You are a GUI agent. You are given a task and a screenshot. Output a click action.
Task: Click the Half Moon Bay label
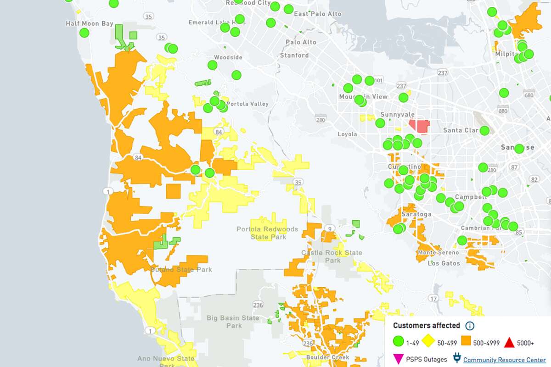(x=89, y=23)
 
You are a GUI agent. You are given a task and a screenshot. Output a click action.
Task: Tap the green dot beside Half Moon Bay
(x=84, y=33)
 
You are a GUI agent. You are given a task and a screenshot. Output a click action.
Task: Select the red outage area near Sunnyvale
(x=419, y=126)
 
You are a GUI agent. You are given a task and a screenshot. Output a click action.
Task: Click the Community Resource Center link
(x=504, y=360)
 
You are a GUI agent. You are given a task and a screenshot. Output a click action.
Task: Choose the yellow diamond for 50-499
(x=428, y=342)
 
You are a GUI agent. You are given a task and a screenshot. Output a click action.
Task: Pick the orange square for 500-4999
(x=466, y=342)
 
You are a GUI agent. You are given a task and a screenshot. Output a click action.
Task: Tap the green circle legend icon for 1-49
(x=399, y=342)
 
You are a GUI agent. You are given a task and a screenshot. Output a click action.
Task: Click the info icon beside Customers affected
(x=470, y=326)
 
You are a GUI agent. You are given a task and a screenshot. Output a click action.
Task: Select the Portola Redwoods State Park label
(x=267, y=233)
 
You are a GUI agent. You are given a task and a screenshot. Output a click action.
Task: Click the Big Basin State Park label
(x=233, y=322)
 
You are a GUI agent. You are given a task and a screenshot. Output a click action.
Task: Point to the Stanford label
(x=294, y=56)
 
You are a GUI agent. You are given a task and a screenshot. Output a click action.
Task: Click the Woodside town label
(x=228, y=57)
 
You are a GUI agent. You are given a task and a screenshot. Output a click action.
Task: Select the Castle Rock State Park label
(x=332, y=256)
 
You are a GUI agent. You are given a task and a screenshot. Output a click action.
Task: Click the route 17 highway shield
(x=433, y=299)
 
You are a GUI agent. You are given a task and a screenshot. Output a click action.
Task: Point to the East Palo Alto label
(x=318, y=14)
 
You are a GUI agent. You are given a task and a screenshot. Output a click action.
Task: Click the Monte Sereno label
(x=438, y=253)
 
